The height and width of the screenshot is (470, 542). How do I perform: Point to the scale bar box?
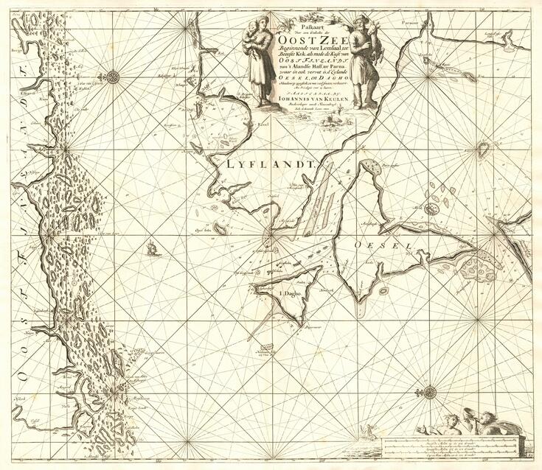454,445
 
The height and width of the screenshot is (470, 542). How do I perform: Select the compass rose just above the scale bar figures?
428,391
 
